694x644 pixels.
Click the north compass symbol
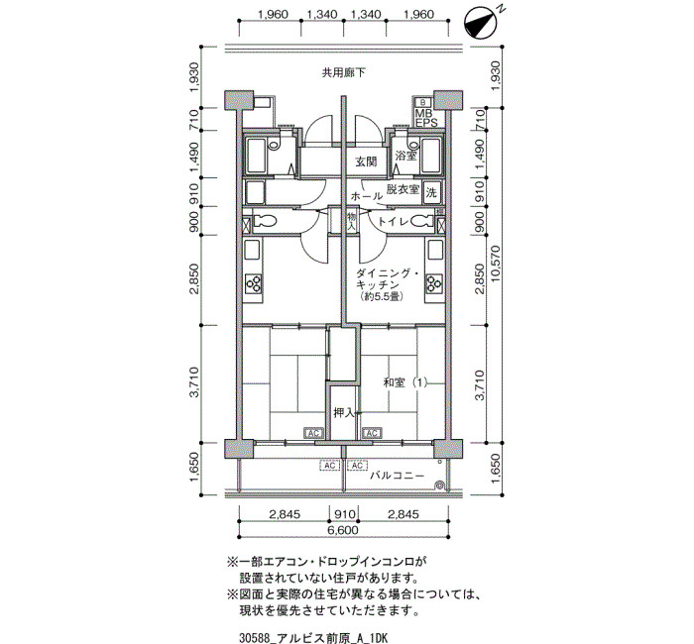tap(479, 24)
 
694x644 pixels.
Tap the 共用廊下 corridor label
tap(343, 72)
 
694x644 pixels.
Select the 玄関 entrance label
tap(366, 161)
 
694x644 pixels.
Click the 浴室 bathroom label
tap(405, 156)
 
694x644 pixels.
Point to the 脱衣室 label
tap(403, 189)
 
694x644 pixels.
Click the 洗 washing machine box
tap(431, 192)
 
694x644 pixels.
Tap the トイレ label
tap(393, 221)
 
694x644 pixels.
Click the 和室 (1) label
tap(405, 382)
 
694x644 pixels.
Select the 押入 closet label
tap(344, 413)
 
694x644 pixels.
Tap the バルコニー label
tap(397, 476)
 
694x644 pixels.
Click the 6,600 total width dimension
tap(343, 530)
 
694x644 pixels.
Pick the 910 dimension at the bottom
tap(344, 514)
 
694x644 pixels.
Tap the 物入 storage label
tap(351, 221)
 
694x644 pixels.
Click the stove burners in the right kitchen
tap(434, 283)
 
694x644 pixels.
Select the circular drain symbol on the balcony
tap(440, 485)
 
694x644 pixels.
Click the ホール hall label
tap(366, 196)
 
